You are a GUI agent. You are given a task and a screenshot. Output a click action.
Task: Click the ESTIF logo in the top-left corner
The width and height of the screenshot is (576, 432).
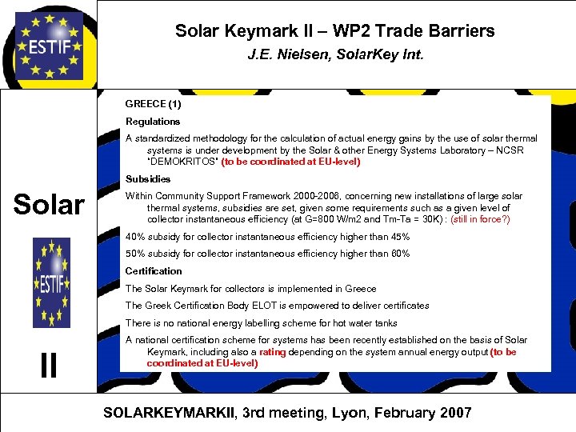(49, 43)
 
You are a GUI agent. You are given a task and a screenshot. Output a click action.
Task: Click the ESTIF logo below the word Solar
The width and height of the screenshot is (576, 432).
(51, 282)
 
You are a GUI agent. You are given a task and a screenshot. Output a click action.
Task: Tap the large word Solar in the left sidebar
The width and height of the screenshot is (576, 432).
(50, 204)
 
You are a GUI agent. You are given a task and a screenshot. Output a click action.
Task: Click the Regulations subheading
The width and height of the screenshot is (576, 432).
(153, 122)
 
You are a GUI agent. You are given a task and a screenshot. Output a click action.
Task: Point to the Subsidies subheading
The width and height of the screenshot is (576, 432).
(148, 179)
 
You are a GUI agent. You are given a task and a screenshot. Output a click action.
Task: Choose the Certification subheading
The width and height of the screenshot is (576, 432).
(154, 271)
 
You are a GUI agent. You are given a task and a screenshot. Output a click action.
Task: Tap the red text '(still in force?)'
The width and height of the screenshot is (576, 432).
(481, 219)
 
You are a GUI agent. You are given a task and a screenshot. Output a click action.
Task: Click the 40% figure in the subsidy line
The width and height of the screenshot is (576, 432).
(136, 237)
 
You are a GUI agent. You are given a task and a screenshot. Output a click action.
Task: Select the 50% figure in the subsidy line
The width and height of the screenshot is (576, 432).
(136, 254)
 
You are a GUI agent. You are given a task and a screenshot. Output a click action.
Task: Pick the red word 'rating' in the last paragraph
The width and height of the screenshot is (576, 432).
(272, 352)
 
